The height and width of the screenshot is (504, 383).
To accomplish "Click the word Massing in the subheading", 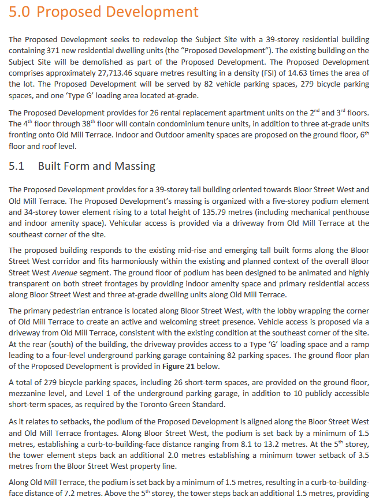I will tap(135, 166).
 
